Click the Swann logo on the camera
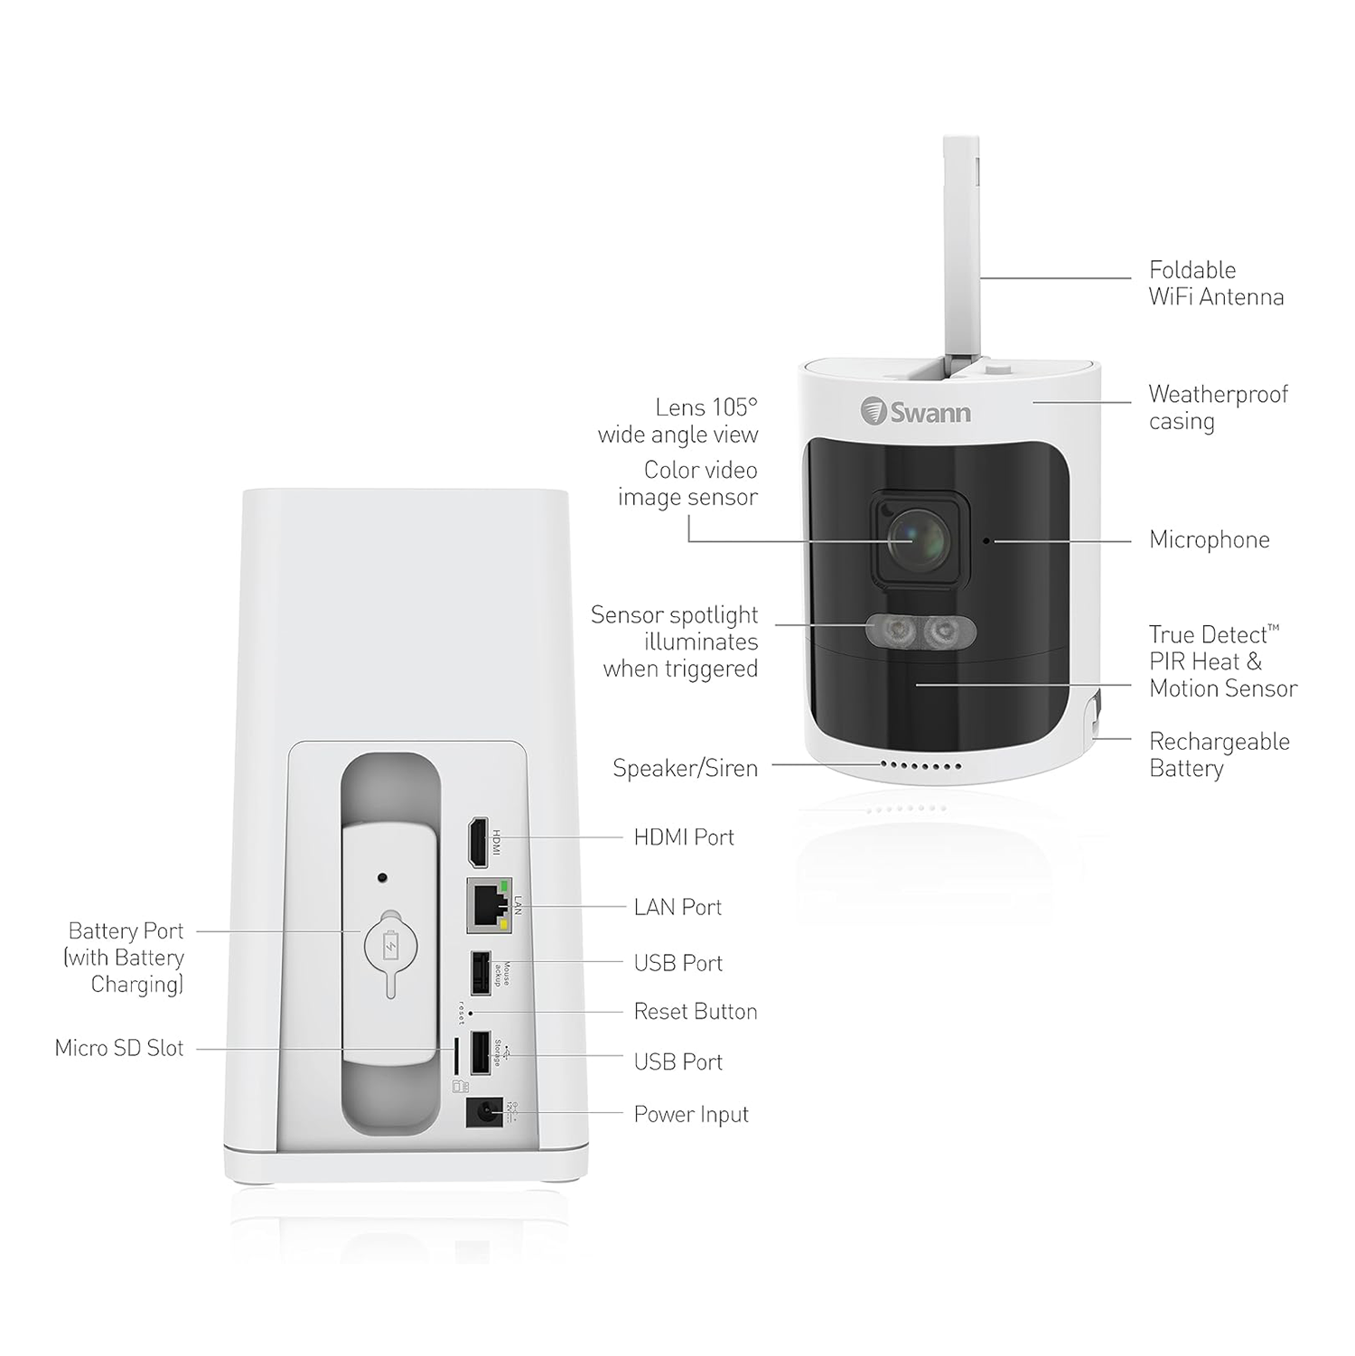(x=916, y=412)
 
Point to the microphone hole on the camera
(x=986, y=541)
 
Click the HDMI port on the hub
(x=477, y=842)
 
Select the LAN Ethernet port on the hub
(x=489, y=905)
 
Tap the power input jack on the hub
(x=482, y=1111)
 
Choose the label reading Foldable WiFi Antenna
(x=1216, y=283)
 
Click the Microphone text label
(x=1209, y=540)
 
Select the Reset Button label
(x=696, y=1011)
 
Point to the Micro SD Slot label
(x=119, y=1048)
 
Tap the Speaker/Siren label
(x=686, y=768)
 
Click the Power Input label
(x=691, y=1115)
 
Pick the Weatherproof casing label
(x=1218, y=407)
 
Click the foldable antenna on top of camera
(x=960, y=253)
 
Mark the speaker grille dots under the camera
(x=921, y=766)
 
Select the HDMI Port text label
(x=684, y=837)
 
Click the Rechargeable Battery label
(x=1219, y=754)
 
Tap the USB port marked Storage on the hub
(x=481, y=1053)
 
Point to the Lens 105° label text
(x=706, y=407)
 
